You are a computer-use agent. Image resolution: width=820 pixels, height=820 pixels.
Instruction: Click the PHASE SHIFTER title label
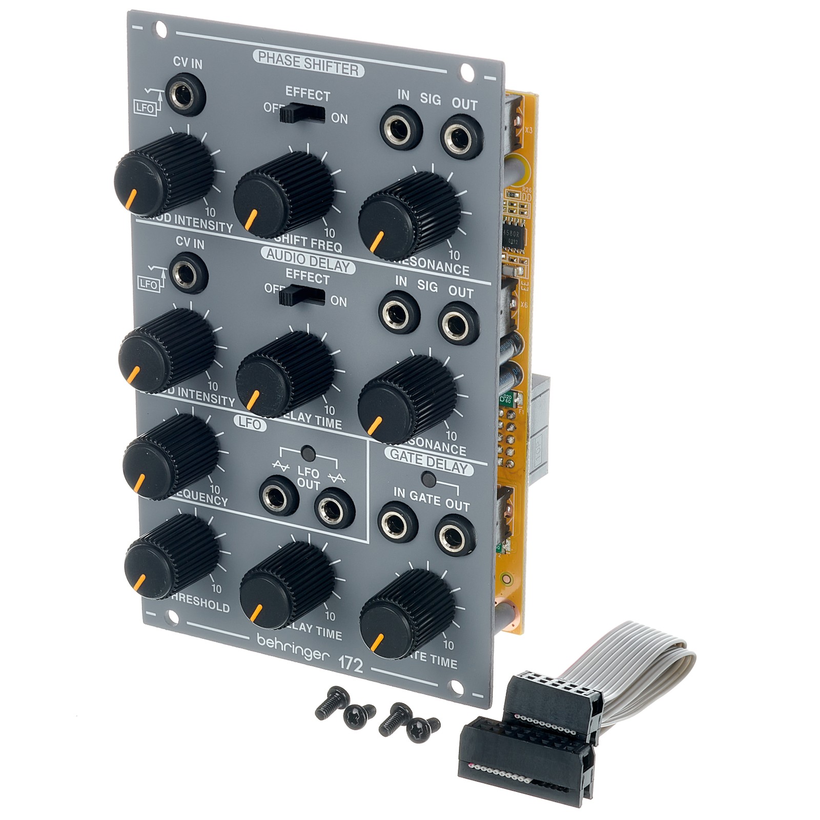309,64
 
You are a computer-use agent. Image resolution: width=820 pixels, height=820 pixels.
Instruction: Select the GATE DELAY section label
429,461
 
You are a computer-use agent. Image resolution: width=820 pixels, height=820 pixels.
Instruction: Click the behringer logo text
290,649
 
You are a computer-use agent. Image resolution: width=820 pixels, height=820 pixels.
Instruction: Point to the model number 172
351,664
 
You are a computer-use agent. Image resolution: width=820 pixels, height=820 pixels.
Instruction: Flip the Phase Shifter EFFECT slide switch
302,114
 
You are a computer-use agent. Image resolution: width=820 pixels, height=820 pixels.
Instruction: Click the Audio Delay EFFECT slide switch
301,297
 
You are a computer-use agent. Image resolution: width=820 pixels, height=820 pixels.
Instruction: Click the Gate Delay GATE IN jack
398,523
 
